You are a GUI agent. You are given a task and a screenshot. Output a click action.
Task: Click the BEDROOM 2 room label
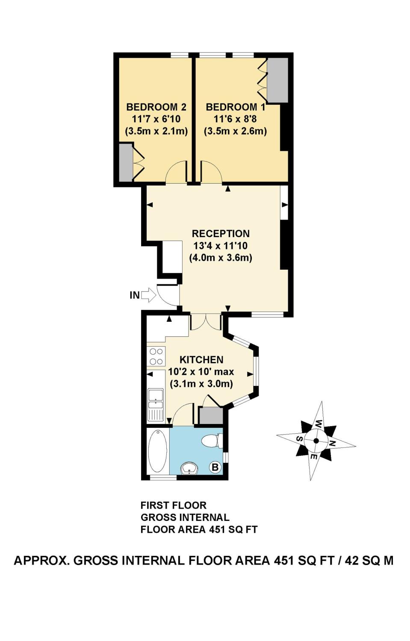coord(156,107)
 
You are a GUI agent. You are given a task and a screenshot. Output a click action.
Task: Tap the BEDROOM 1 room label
coord(235,107)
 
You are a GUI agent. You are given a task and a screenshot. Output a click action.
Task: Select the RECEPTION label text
coord(221,234)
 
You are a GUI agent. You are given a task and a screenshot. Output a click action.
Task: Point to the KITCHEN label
coord(201,360)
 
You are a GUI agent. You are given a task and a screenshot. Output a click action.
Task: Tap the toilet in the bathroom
coord(212,441)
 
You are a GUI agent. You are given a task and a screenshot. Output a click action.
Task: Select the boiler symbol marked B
coord(215,468)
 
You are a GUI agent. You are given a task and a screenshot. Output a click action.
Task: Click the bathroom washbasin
coord(189,468)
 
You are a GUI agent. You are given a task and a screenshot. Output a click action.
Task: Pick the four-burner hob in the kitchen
coord(156,356)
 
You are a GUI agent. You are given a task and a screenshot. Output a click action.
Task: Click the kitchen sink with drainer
coord(155,404)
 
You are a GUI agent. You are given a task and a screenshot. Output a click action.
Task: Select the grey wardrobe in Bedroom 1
coord(277,80)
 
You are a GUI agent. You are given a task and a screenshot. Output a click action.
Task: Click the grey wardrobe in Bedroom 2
coord(126,162)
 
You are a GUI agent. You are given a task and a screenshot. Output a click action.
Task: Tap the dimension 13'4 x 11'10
coord(221,246)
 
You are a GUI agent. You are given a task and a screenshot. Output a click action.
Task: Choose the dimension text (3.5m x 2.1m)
coord(156,131)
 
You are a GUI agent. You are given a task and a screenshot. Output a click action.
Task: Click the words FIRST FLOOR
coord(174,506)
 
